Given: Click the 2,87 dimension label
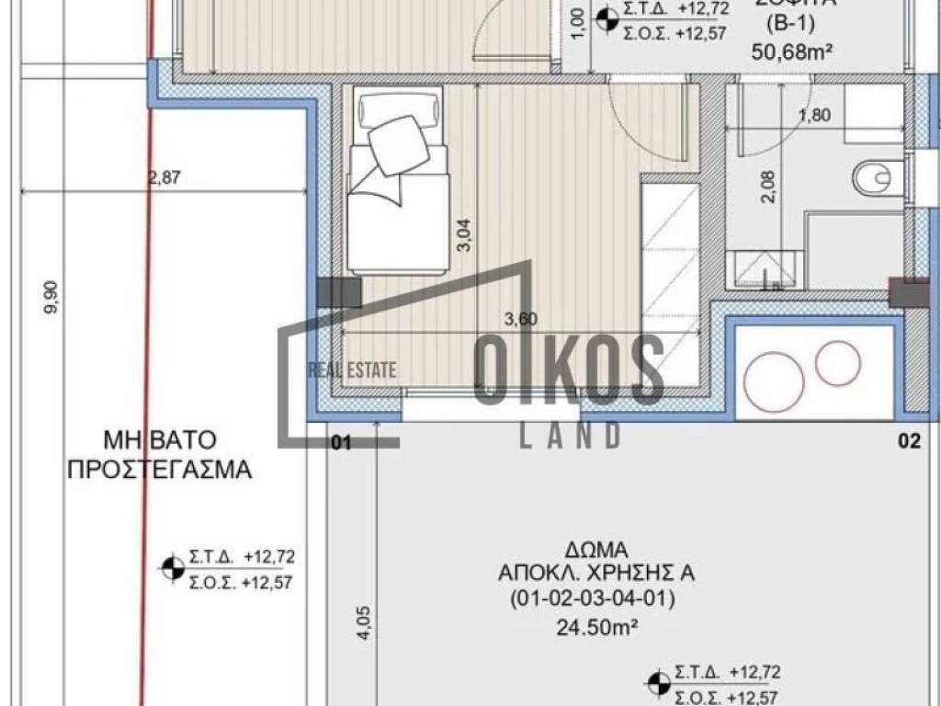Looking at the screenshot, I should point(164,179).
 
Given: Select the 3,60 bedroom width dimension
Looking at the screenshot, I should point(521,319).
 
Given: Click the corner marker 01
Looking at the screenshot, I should point(341,443).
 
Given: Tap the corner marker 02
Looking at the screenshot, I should point(909,442).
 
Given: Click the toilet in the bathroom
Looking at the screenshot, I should point(876,178).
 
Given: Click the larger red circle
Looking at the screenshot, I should point(774,381).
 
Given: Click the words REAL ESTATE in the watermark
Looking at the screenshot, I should point(351,370).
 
